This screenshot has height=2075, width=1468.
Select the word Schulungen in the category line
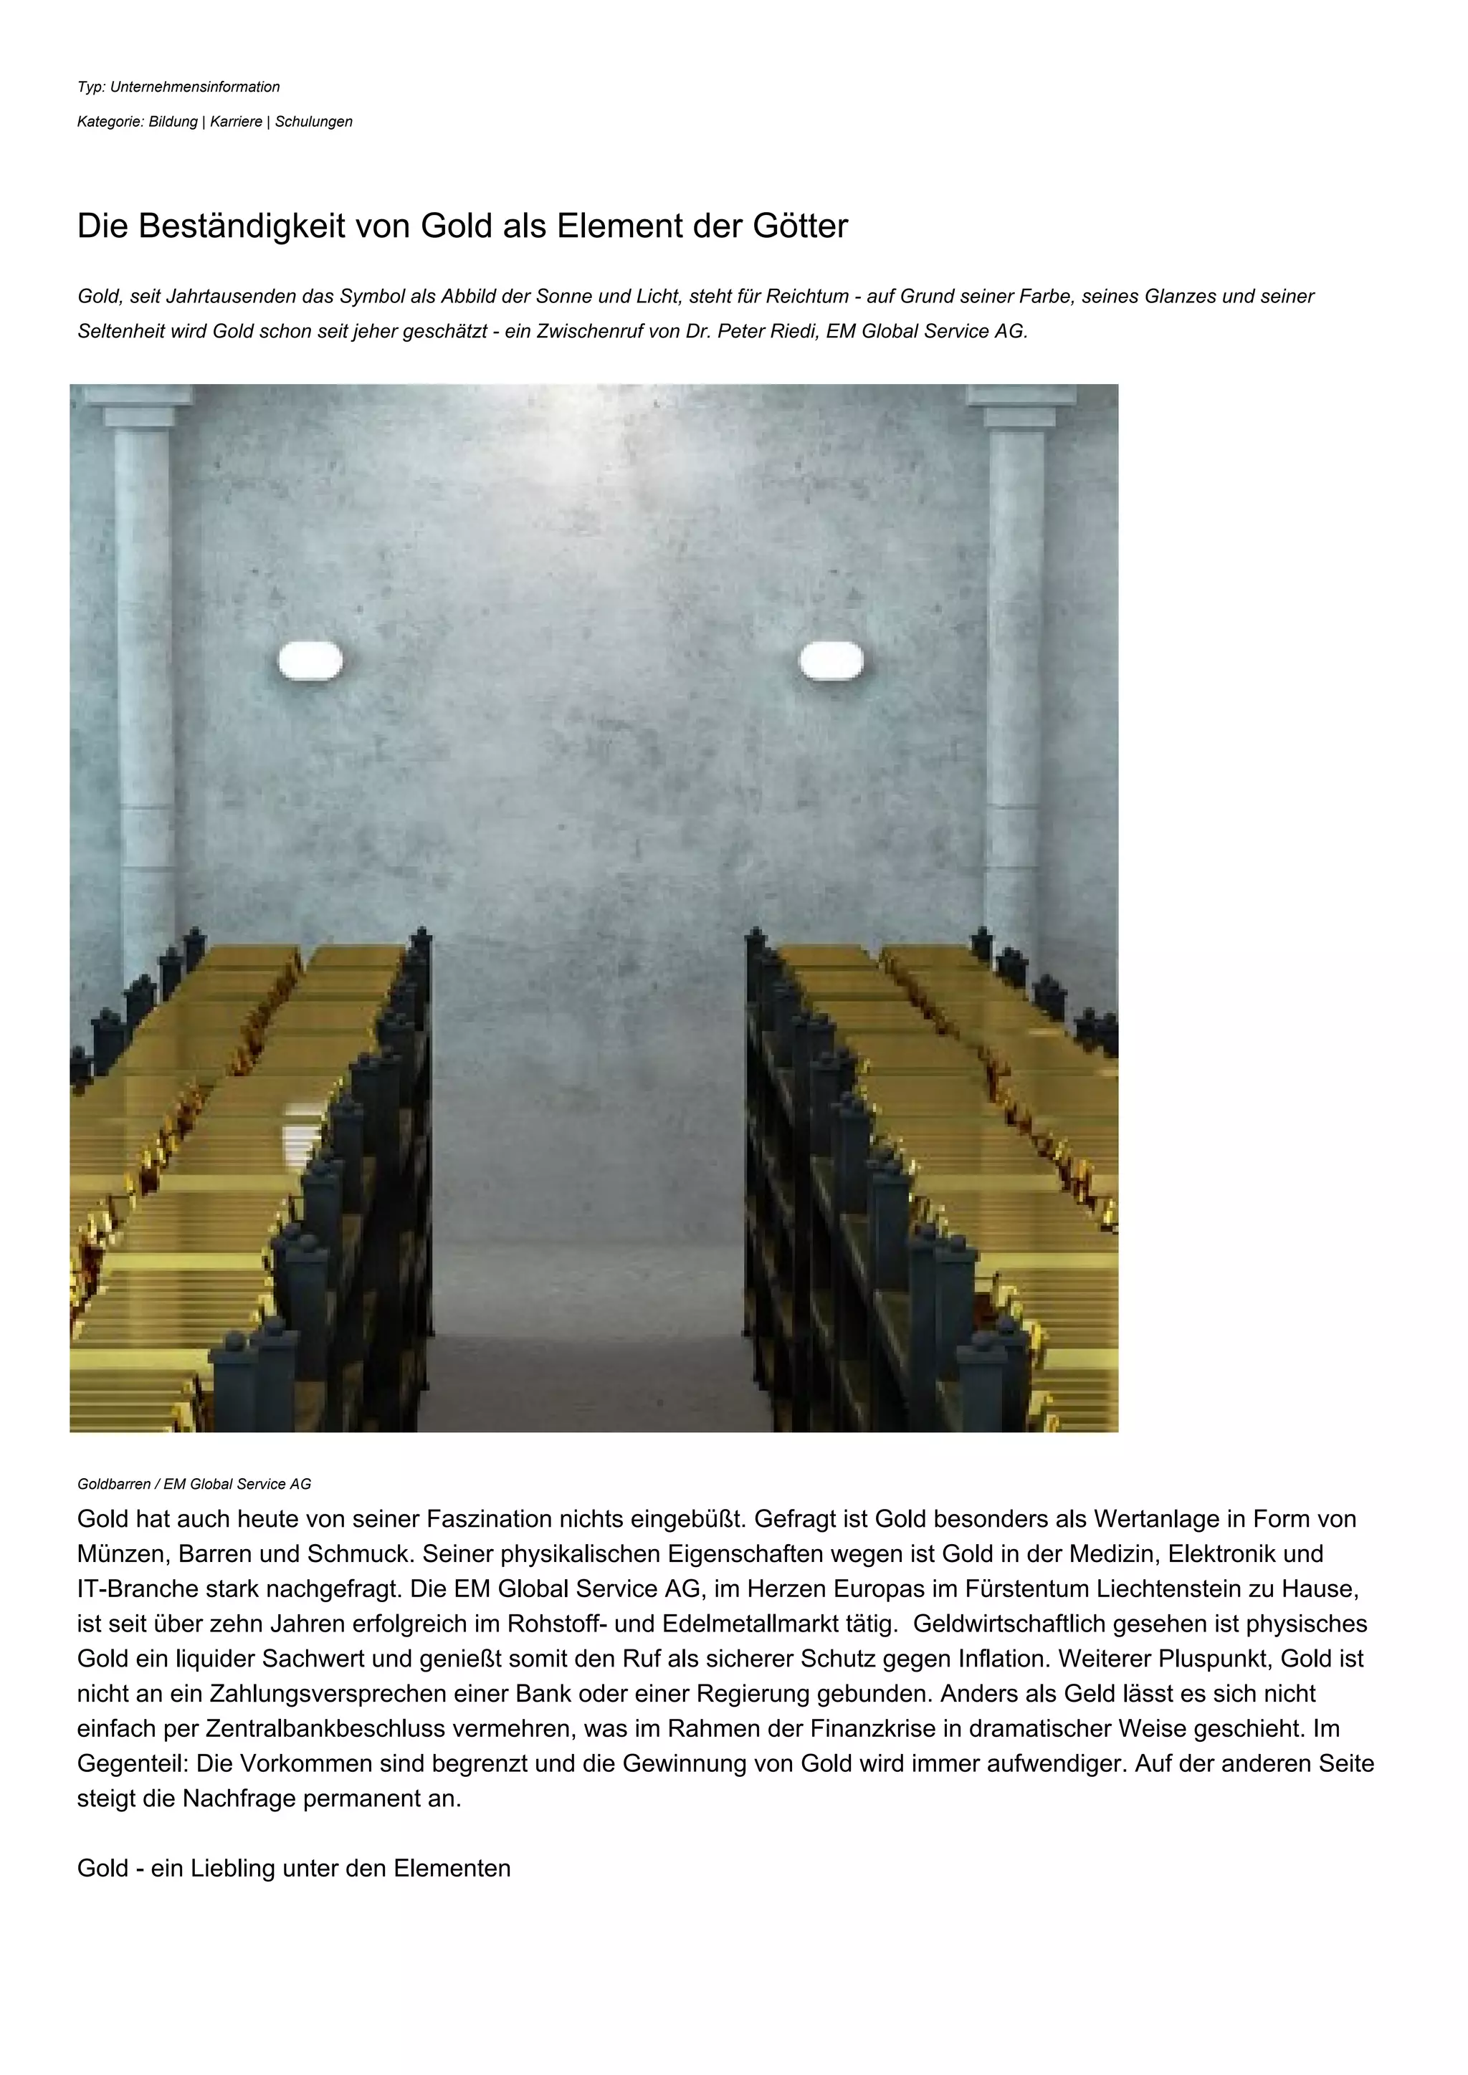pos(314,122)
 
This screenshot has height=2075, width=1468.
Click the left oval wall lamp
pos(310,661)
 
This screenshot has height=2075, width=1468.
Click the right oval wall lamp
pos(831,661)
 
